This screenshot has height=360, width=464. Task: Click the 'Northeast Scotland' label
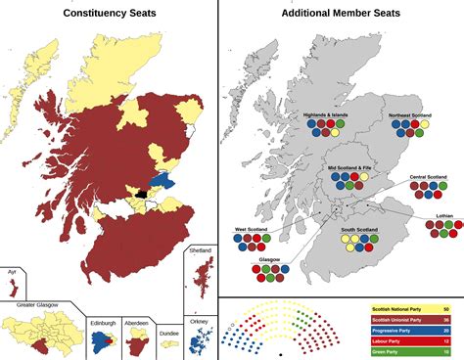pyautogui.click(x=410, y=115)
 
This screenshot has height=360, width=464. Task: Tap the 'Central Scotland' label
pyautogui.click(x=428, y=178)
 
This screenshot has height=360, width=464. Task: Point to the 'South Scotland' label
pyautogui.click(x=361, y=231)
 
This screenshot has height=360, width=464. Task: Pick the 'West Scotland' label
pyautogui.click(x=253, y=231)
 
